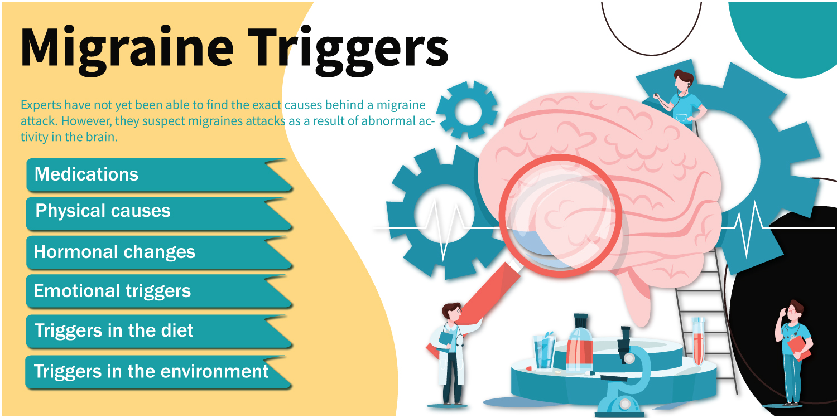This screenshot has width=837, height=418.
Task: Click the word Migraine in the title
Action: click(127, 49)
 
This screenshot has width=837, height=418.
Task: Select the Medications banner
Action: click(160, 175)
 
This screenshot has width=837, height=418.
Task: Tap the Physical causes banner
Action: click(160, 213)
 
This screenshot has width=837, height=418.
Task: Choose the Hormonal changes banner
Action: click(160, 252)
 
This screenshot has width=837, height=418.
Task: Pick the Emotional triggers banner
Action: click(160, 291)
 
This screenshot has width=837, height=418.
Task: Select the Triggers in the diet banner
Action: click(160, 332)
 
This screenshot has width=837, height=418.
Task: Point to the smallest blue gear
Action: click(467, 110)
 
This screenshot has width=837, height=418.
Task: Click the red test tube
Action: click(698, 341)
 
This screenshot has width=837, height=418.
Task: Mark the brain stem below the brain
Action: click(635, 299)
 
